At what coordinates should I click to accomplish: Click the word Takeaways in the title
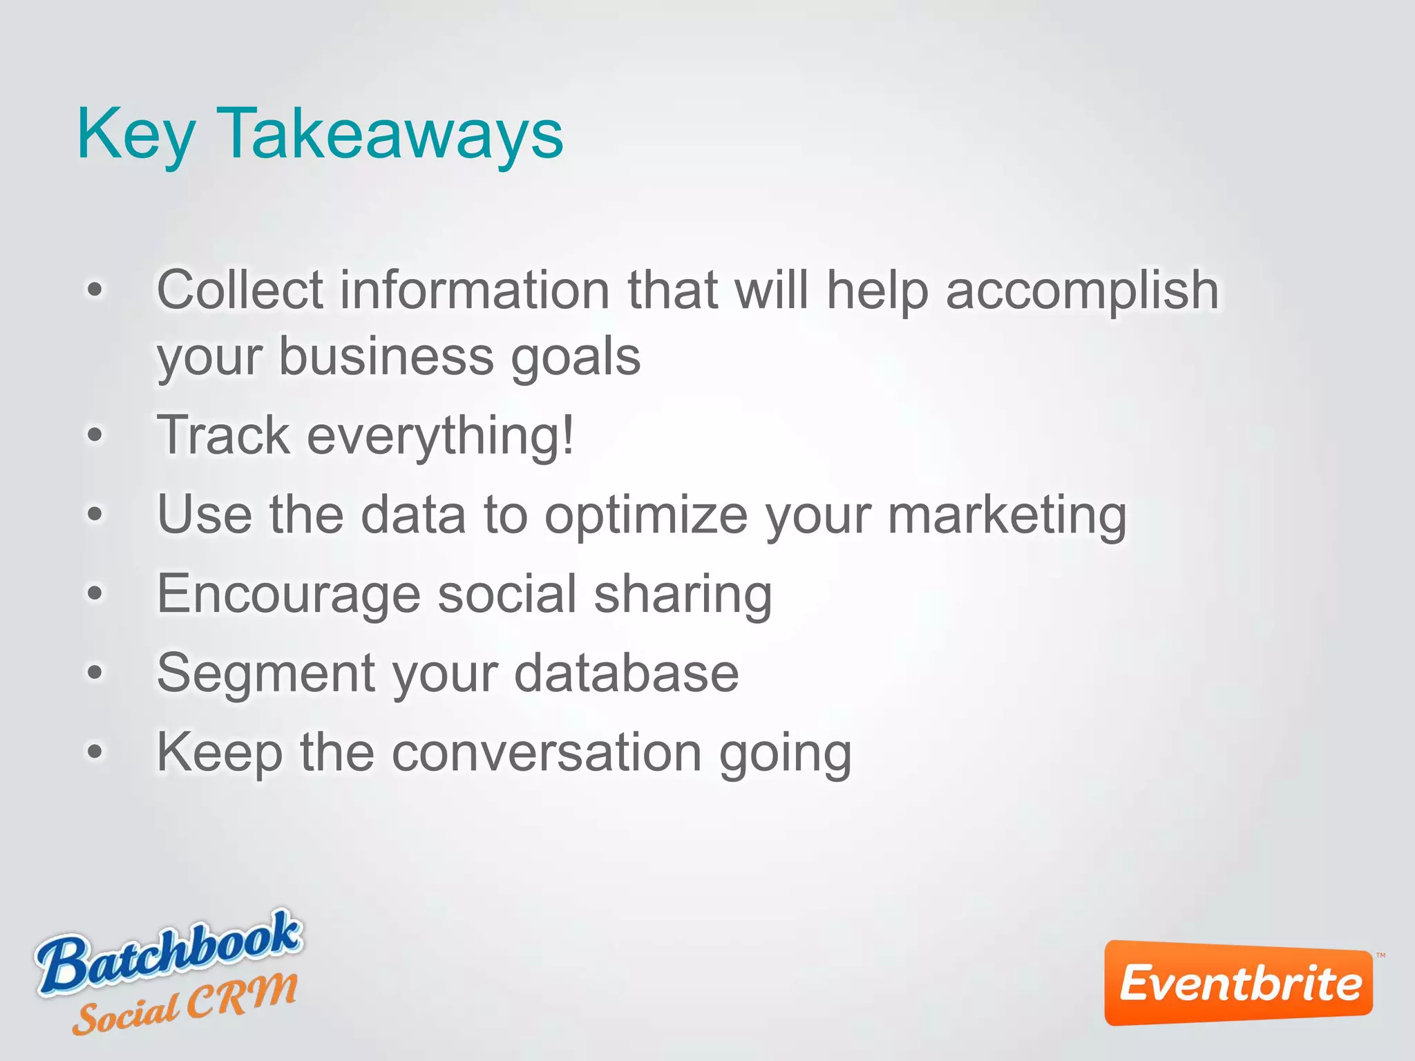coord(390,135)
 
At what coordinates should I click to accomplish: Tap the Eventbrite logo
coord(1239,983)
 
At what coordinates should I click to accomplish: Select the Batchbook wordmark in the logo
coord(169,952)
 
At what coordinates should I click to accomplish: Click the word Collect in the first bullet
coord(240,290)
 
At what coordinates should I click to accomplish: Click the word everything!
coord(440,437)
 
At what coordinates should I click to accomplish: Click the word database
coord(627,673)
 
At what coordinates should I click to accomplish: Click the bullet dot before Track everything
coord(95,435)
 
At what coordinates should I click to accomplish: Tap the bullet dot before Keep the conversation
coord(95,751)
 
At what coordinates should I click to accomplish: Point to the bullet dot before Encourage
coord(95,593)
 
